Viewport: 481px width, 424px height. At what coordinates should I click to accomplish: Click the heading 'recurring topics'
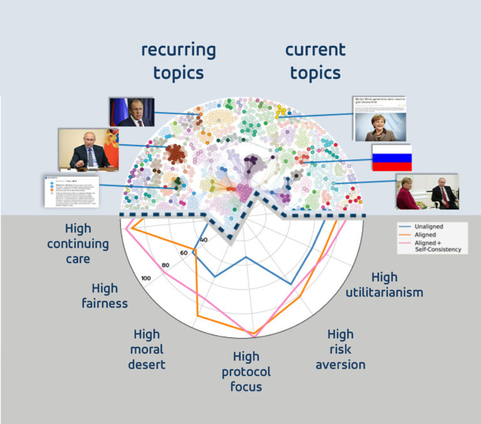(x=178, y=61)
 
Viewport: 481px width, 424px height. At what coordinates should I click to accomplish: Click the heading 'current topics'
(x=315, y=61)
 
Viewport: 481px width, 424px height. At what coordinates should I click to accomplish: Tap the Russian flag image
(x=391, y=157)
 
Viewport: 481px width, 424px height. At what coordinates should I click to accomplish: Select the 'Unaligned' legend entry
(x=425, y=226)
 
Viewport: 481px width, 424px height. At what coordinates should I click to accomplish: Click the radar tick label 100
(x=147, y=278)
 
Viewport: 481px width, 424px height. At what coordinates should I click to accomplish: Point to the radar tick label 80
(x=166, y=265)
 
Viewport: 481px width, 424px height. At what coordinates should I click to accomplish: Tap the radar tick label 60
(x=184, y=253)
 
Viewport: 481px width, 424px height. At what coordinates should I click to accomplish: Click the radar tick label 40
(x=202, y=240)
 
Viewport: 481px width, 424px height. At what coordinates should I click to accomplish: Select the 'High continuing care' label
(x=78, y=243)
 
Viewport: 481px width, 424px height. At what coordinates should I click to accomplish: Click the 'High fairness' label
(x=105, y=296)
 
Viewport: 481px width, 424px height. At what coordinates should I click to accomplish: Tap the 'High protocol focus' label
(x=246, y=371)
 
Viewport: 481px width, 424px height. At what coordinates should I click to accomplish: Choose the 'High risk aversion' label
(x=340, y=349)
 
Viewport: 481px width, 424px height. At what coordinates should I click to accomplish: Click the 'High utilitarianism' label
(x=384, y=285)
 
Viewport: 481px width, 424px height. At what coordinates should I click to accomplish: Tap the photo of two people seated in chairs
(x=427, y=191)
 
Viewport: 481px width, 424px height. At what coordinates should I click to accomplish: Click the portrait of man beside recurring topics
(x=132, y=111)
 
